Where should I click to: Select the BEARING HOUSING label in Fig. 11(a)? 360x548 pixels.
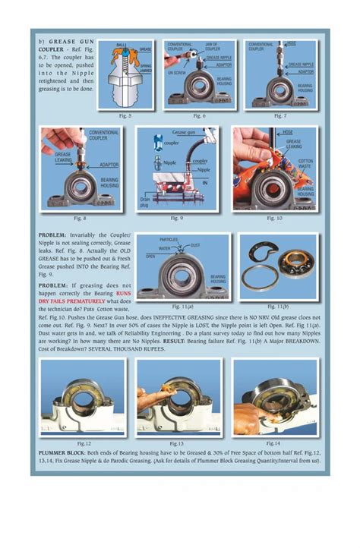[218, 282]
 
